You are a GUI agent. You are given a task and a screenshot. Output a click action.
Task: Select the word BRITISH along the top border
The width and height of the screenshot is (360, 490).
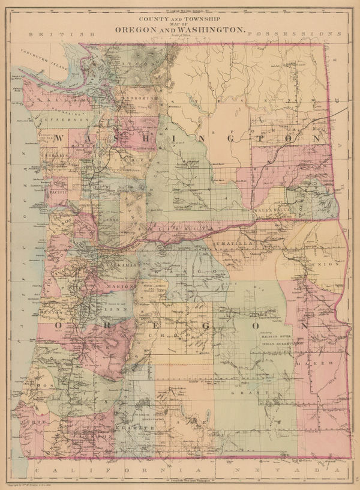pos(65,35)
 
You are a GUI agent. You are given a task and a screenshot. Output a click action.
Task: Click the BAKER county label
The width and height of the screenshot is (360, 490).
pos(321,364)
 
